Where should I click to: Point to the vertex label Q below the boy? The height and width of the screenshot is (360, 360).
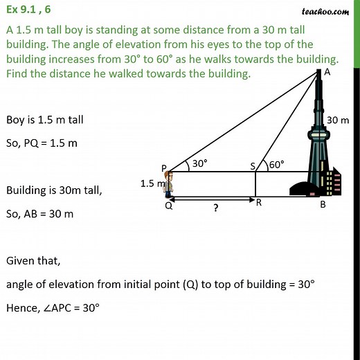(168, 206)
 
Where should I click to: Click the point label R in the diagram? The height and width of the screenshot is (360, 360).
(258, 203)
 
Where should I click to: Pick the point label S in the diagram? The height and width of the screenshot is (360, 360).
(253, 165)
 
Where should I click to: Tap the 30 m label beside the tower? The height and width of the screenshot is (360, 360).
(338, 120)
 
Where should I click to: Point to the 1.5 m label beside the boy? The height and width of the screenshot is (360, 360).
(152, 183)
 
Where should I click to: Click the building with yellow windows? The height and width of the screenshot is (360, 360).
(333, 181)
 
